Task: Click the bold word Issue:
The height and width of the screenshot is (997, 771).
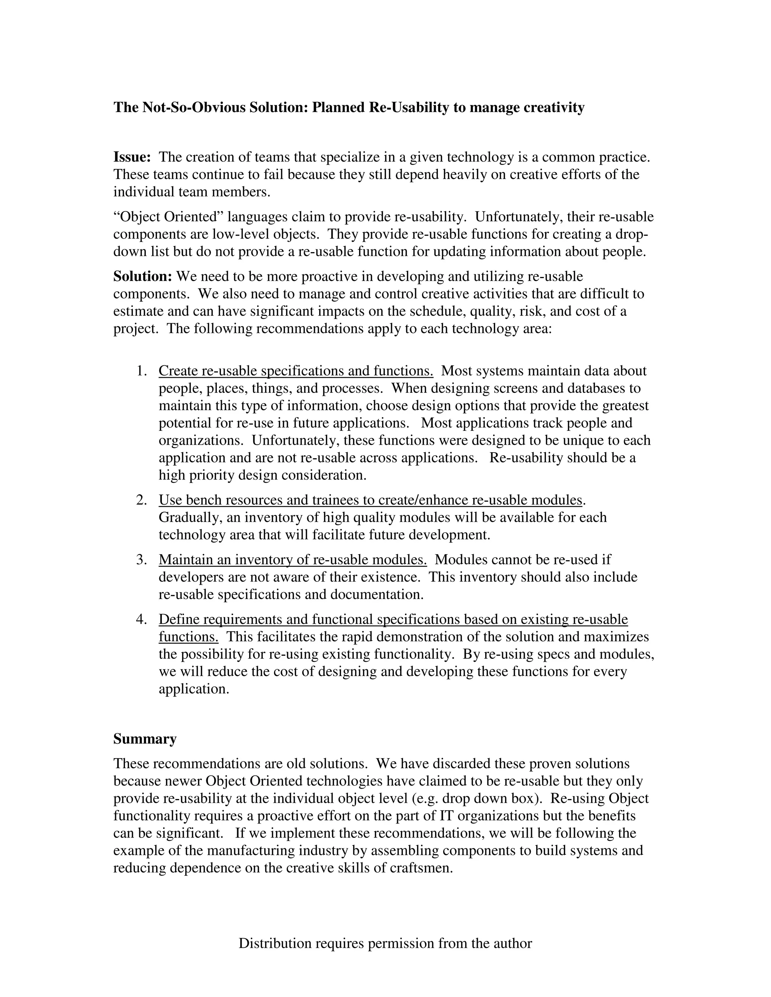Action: [132, 158]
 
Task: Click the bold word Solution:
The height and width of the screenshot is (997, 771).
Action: [143, 277]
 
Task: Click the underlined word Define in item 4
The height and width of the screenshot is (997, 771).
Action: [178, 620]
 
